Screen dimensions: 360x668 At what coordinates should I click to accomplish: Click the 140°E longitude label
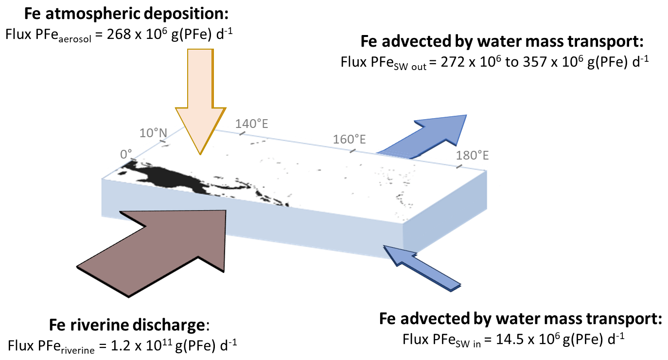point(252,124)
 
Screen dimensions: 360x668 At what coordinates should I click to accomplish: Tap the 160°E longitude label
point(350,140)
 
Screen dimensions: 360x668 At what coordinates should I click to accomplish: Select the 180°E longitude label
point(472,156)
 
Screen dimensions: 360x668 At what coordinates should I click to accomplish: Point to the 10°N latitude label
point(153,133)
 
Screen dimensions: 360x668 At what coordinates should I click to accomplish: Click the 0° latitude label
point(126,154)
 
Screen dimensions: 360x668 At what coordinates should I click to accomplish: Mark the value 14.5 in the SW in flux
point(506,339)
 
